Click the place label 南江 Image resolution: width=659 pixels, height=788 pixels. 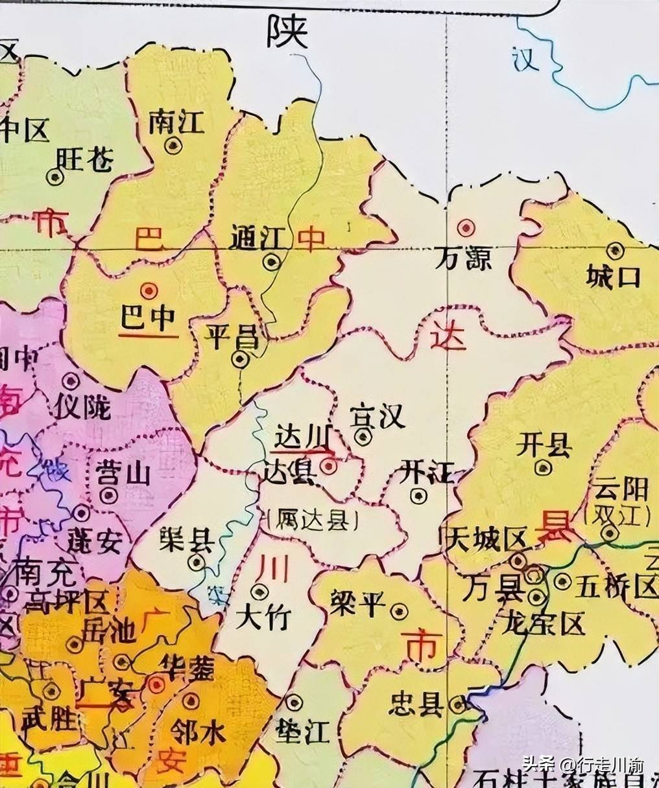(x=176, y=121)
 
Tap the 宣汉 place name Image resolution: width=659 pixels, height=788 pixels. (x=377, y=416)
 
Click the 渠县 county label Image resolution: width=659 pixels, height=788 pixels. (x=186, y=539)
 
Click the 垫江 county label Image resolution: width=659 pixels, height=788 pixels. (x=302, y=730)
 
